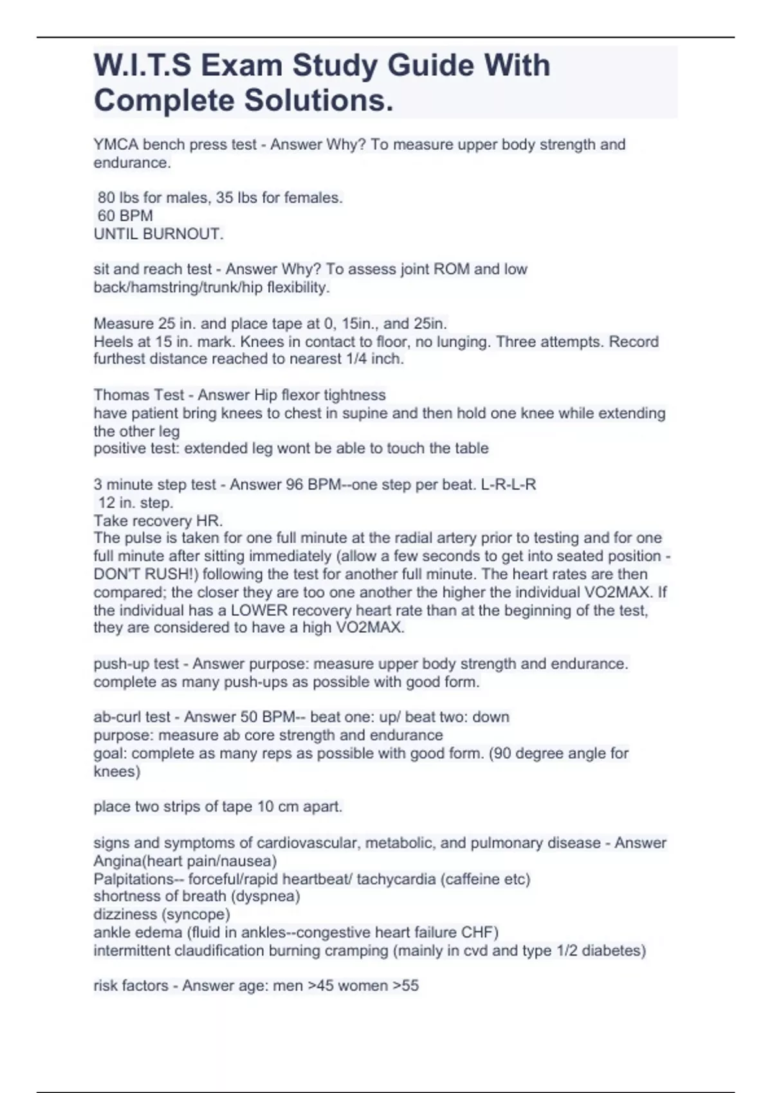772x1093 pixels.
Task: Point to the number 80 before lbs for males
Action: tap(106, 198)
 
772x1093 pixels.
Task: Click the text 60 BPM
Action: tap(125, 216)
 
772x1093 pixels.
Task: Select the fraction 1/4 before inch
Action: tap(355, 359)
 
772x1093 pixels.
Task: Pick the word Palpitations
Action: tap(134, 879)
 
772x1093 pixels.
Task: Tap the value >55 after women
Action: tap(405, 986)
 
